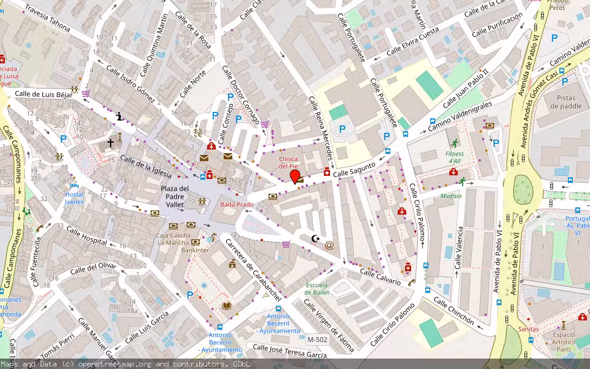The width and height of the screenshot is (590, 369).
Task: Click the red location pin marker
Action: point(295,177)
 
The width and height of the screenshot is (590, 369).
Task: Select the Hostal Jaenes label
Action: point(74,198)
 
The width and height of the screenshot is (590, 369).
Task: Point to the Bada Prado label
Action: point(237,204)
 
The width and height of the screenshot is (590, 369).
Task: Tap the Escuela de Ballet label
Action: point(317,288)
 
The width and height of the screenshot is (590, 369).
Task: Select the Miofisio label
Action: point(450,196)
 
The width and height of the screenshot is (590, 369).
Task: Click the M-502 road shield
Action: point(317,339)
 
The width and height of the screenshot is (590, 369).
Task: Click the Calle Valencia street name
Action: point(458,248)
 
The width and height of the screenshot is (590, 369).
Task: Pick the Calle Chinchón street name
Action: point(454,311)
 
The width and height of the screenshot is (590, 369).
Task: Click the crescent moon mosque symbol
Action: point(317,238)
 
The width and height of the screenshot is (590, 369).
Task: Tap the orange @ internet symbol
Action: point(329,245)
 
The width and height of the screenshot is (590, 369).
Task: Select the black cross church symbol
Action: point(111,143)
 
